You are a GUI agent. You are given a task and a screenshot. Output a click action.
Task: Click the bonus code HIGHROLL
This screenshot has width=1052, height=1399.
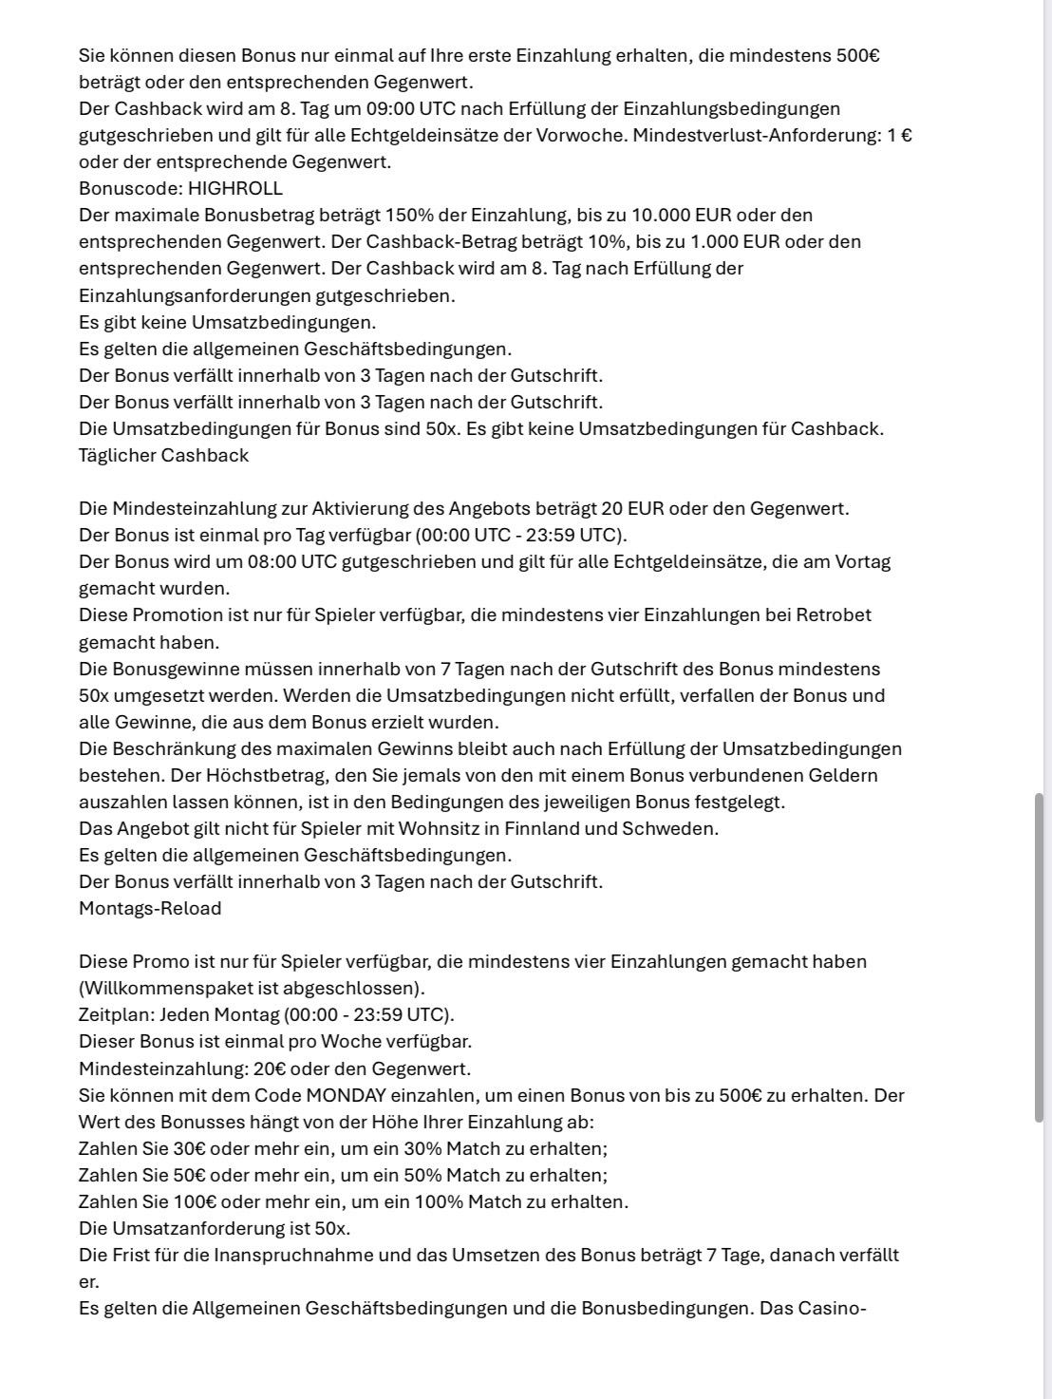click(x=235, y=188)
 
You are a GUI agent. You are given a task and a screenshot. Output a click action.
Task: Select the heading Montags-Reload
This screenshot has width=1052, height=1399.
click(x=150, y=908)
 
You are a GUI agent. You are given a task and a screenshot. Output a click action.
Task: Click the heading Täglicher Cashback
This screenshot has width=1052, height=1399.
click(x=163, y=455)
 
